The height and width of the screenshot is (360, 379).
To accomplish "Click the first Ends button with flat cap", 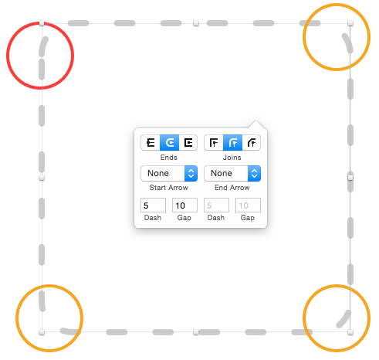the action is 151,142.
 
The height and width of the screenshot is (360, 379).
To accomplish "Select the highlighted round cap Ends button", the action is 170,142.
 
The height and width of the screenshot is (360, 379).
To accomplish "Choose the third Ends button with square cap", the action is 188,142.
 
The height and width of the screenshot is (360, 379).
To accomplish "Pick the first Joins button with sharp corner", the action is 214,142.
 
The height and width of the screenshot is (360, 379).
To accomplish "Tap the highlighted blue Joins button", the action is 233,142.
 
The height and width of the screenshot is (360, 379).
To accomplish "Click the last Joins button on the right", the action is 252,142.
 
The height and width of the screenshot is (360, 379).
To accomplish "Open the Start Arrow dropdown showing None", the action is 169,173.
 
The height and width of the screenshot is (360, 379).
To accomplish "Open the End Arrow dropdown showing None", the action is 232,173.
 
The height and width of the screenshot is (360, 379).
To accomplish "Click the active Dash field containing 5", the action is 153,205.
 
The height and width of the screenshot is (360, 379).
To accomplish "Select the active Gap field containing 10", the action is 184,205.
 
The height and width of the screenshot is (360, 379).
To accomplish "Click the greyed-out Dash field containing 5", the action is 216,205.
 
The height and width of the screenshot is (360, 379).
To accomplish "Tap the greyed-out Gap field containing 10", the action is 248,205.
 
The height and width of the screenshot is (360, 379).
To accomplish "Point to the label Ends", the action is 169,158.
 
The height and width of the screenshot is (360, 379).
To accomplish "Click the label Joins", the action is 232,158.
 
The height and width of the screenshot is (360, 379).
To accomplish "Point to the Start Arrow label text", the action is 169,188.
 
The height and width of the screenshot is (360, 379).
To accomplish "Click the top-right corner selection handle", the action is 350,23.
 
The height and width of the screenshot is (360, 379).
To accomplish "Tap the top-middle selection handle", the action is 196,23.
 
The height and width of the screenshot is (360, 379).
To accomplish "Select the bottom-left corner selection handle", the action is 42,332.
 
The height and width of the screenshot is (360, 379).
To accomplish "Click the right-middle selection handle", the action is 350,178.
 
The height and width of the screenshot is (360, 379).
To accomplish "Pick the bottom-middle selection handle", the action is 196,332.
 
